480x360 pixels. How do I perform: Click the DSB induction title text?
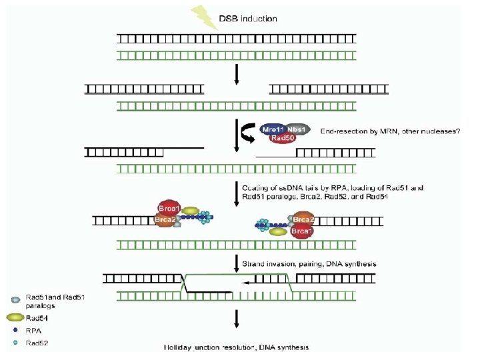[248, 19]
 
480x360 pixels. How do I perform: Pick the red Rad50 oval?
[283, 138]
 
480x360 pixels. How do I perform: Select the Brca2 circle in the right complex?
[303, 220]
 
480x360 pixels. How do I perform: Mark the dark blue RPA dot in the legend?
[14, 330]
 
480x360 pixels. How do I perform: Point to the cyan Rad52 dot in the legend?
[14, 343]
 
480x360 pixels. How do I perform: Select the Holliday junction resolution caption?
[236, 347]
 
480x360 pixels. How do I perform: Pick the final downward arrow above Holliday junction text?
[236, 321]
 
